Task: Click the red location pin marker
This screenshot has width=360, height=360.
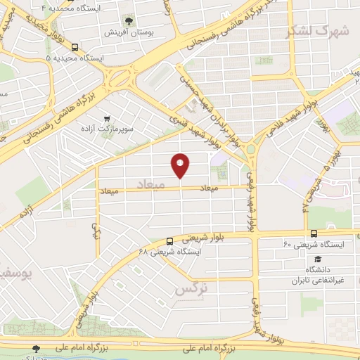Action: coord(180,165)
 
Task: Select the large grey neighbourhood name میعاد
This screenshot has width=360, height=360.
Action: coord(153,185)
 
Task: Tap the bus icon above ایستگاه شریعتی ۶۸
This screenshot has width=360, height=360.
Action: coord(170,241)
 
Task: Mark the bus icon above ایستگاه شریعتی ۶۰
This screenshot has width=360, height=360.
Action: coord(313,233)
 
